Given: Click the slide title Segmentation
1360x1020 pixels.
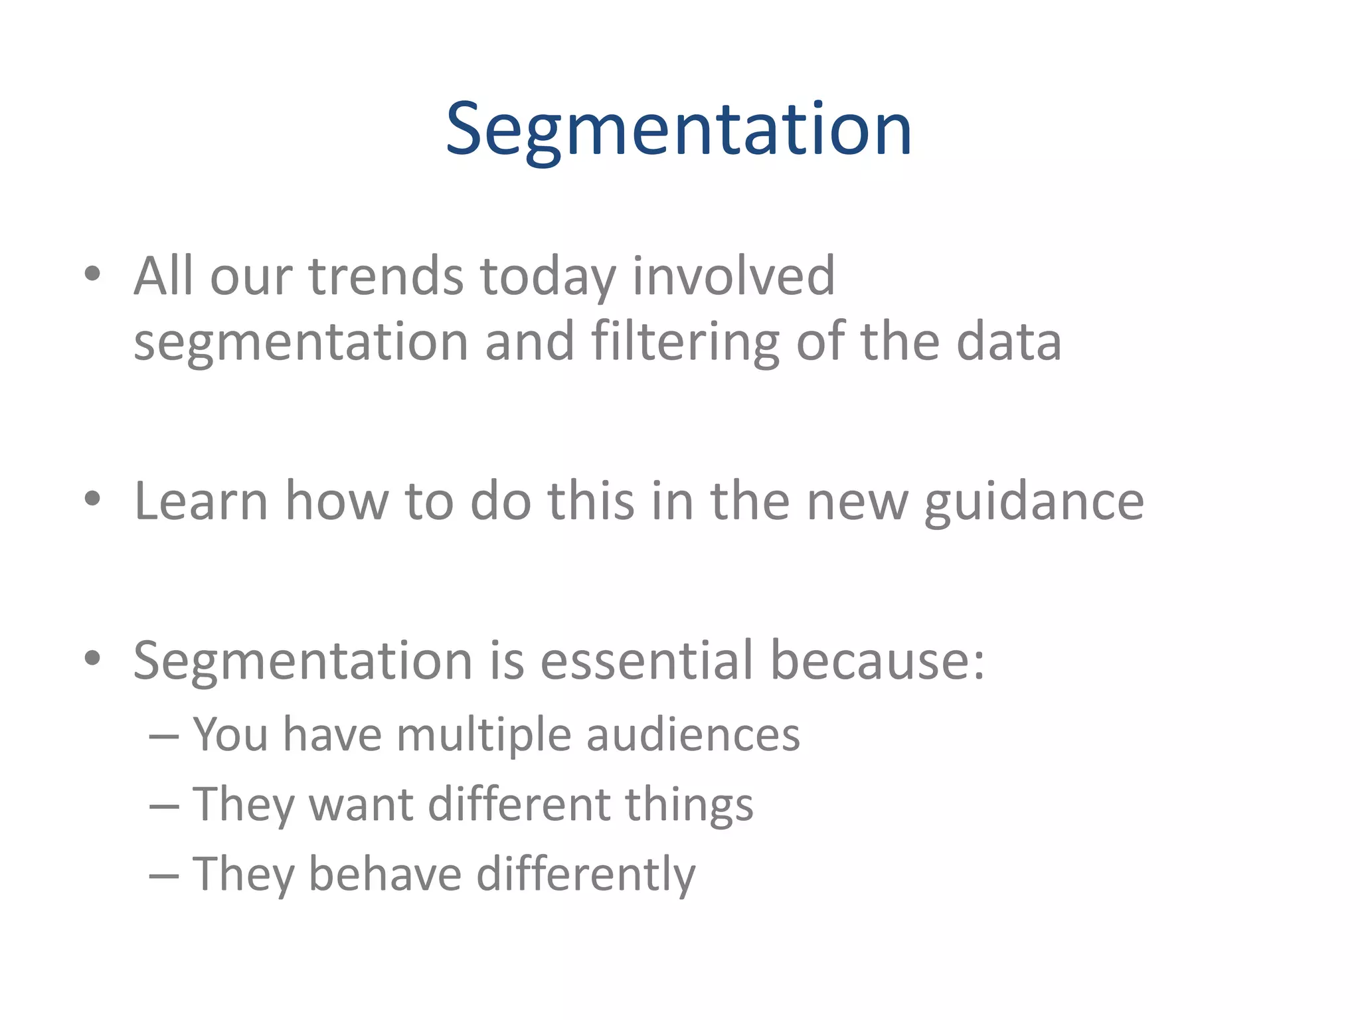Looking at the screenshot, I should (679, 129).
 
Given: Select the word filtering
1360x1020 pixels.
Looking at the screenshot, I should (685, 342).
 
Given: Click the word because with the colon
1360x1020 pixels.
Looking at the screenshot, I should (877, 660).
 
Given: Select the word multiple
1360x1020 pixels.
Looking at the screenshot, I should (483, 734).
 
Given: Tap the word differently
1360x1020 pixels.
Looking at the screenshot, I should (586, 875).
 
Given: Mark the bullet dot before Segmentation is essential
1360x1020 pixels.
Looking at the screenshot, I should (92, 657).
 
